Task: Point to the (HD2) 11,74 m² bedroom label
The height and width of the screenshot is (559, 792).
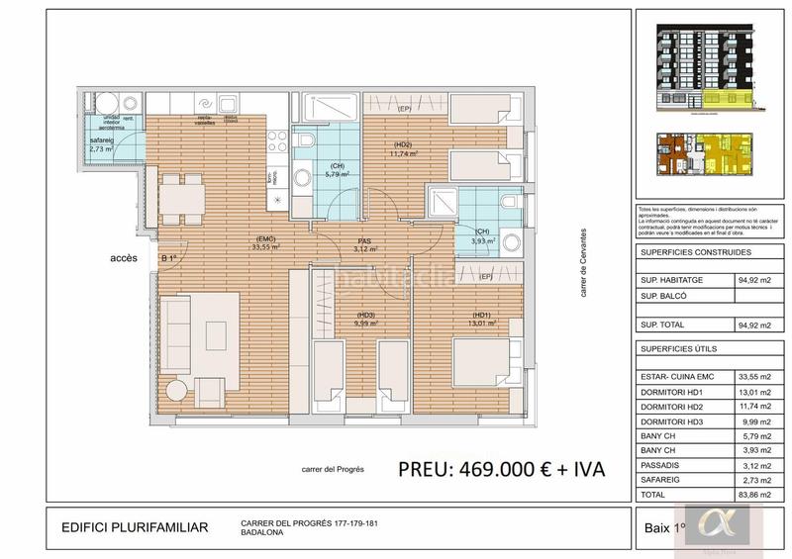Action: pyautogui.click(x=403, y=149)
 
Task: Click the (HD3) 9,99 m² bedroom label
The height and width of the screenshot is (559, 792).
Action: pyautogui.click(x=366, y=319)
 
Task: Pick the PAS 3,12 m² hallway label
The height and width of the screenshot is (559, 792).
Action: pyautogui.click(x=366, y=245)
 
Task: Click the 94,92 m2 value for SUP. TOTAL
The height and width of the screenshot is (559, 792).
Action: pyautogui.click(x=753, y=325)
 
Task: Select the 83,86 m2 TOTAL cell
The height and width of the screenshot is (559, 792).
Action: pyautogui.click(x=753, y=493)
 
